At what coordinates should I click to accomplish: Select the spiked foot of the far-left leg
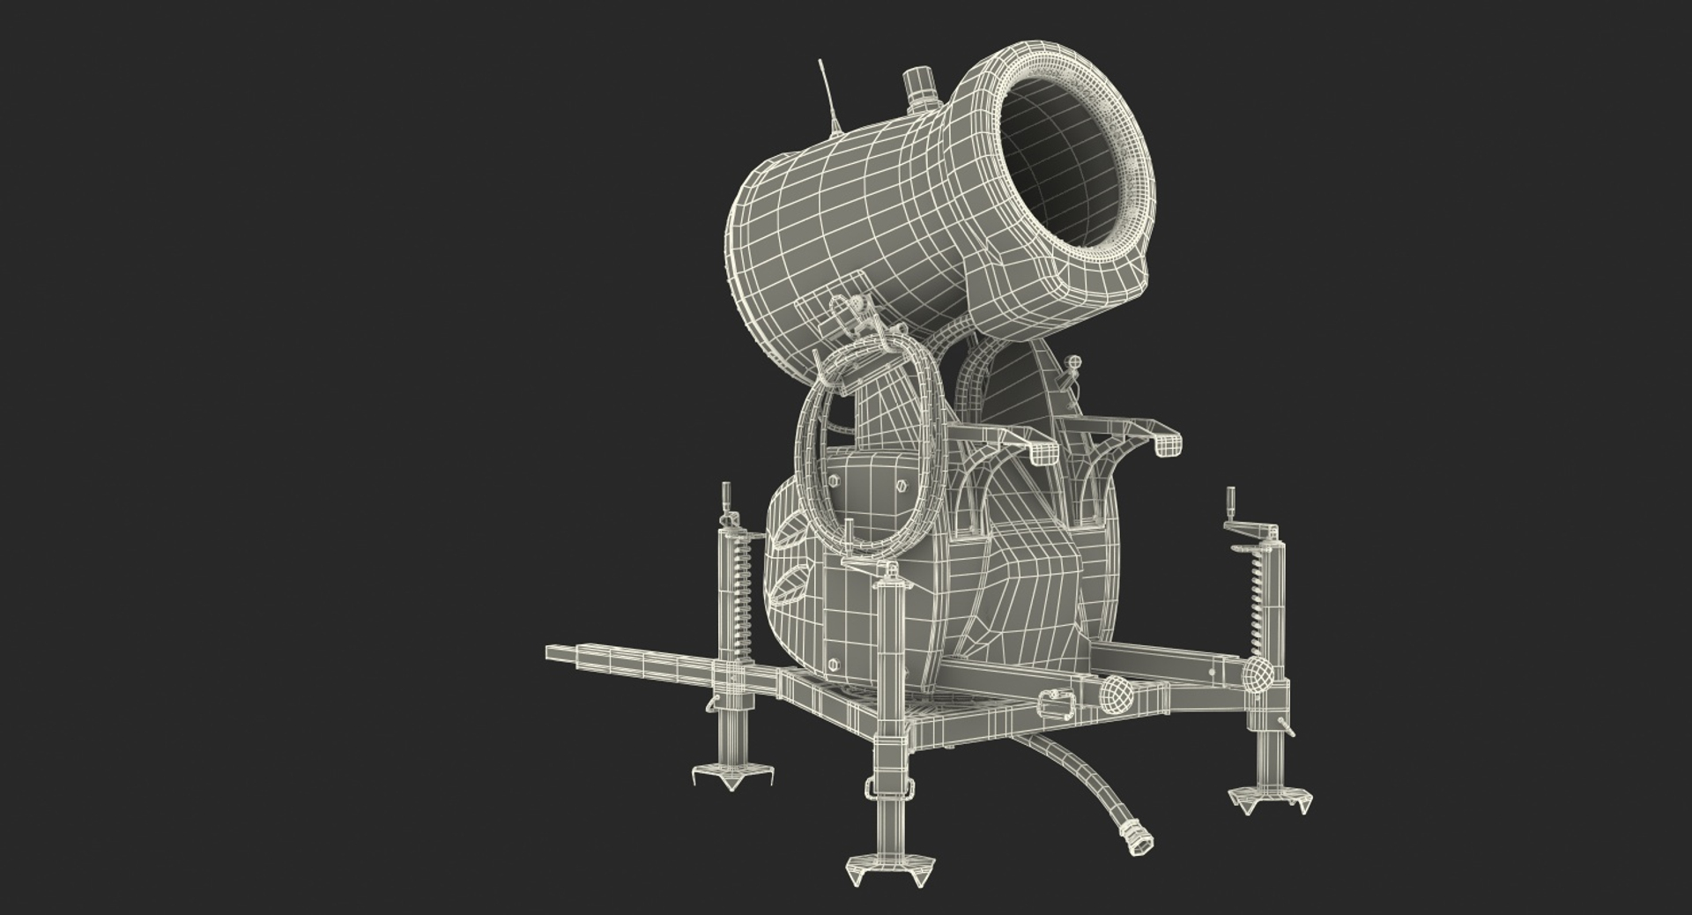coord(726,777)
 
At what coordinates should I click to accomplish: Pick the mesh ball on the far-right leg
coord(1258,675)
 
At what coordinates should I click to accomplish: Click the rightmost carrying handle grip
coord(1166,445)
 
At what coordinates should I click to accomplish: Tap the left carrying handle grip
coord(1044,452)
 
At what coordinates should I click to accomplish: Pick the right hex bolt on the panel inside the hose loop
coord(901,485)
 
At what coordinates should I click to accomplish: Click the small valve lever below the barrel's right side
coord(1072,366)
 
